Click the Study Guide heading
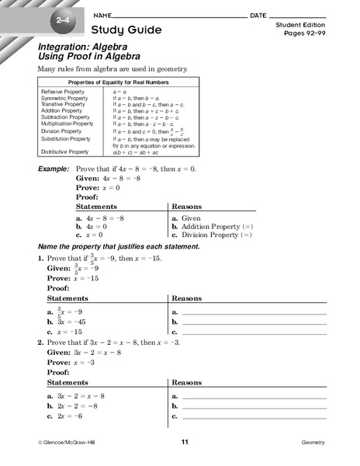pos(127,30)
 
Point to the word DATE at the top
pos(258,16)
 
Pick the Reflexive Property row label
pos(61,92)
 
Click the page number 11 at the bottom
pos(185,442)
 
